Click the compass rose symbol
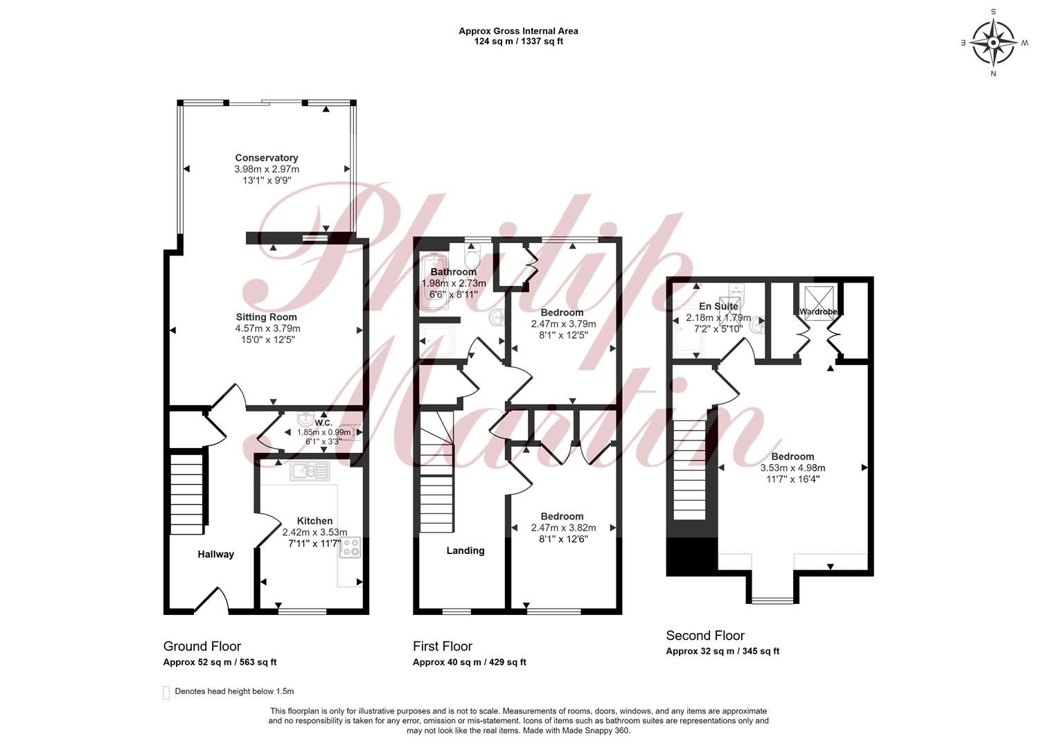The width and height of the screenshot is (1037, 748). [x=993, y=43]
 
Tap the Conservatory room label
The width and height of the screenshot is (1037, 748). [x=266, y=158]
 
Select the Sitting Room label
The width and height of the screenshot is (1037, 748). [x=266, y=317]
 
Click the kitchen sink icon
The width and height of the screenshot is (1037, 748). [x=310, y=471]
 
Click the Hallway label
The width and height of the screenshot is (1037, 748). [x=215, y=554]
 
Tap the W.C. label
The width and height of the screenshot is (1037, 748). [x=323, y=422]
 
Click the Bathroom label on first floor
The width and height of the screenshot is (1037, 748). [x=453, y=271]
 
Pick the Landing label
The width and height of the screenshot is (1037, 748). [x=466, y=551]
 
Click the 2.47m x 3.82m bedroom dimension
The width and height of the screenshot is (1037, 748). [x=563, y=528]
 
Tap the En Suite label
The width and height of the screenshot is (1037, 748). [x=718, y=306]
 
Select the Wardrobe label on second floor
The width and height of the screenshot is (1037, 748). [x=818, y=312]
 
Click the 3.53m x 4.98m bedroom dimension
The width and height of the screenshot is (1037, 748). [x=792, y=468]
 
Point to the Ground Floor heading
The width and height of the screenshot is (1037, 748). [x=202, y=646]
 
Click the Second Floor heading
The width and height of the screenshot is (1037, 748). [x=705, y=636]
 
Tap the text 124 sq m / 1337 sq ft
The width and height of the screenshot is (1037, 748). [x=518, y=41]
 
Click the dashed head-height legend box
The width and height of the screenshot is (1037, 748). [x=166, y=693]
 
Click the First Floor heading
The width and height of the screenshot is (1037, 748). [x=443, y=646]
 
